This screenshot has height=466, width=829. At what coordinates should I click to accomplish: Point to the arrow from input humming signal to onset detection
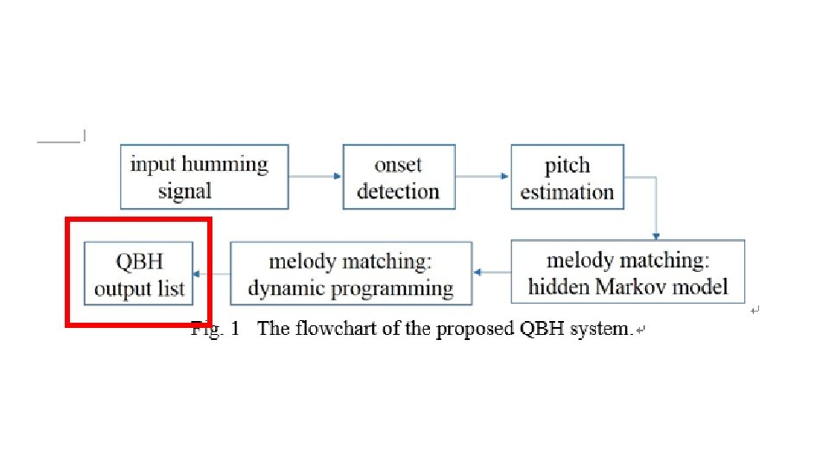(x=315, y=176)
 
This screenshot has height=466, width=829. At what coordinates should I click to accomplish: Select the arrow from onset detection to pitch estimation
(x=482, y=176)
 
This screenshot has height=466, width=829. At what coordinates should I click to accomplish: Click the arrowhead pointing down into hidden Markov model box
(x=656, y=236)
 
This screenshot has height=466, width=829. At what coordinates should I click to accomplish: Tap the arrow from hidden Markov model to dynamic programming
(x=492, y=273)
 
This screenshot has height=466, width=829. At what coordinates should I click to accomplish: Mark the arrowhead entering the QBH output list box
(x=197, y=274)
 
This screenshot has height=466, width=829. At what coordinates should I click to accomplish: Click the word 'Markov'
(x=622, y=287)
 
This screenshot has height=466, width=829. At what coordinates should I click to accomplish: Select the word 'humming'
(x=225, y=164)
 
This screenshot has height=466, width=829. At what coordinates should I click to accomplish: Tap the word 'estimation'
(x=567, y=192)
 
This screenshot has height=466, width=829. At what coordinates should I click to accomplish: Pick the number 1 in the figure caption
(x=235, y=329)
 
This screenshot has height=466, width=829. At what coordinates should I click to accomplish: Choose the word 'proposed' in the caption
(x=475, y=329)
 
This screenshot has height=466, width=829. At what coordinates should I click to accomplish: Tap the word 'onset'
(x=398, y=165)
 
